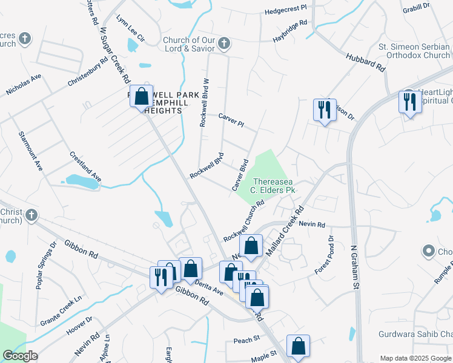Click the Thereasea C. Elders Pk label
[274, 186]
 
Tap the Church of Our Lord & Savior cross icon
[224, 43]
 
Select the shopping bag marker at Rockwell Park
[141, 96]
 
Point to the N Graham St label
[355, 268]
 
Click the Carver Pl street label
[231, 120]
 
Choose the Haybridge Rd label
[289, 32]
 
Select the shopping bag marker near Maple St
[298, 347]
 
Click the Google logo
[20, 356]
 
